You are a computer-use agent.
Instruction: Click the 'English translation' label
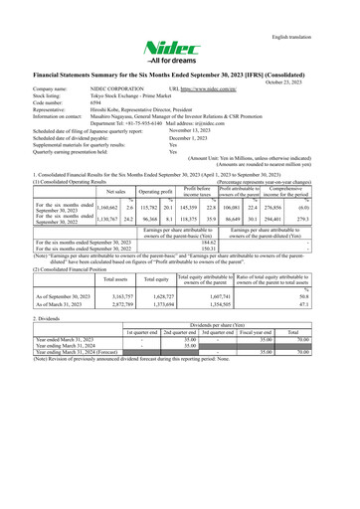317,12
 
